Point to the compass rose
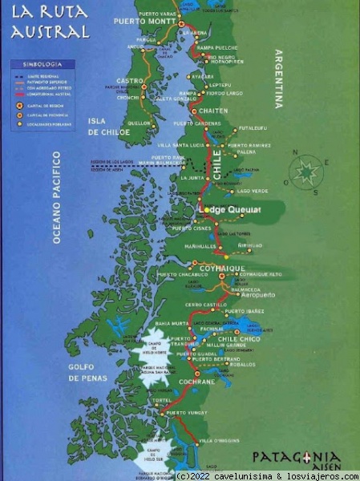point(308,170)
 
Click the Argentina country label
point(279,79)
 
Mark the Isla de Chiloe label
point(103,126)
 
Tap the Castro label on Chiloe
point(130,81)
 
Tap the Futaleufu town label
point(251,127)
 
